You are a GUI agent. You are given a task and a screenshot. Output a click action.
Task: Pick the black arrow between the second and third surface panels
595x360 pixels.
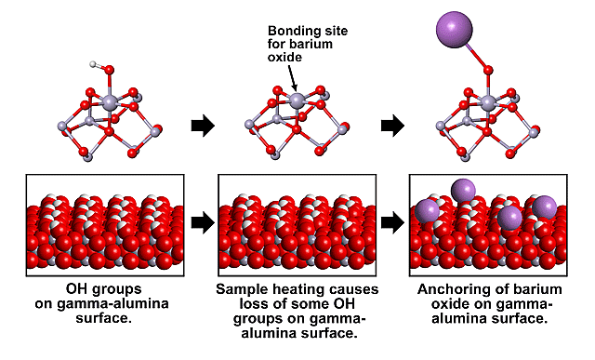(x=392, y=222)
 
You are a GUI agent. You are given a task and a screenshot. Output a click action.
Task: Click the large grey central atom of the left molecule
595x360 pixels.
(x=109, y=101)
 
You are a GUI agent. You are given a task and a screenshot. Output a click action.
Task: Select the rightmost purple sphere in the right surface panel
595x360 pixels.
(x=544, y=207)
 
